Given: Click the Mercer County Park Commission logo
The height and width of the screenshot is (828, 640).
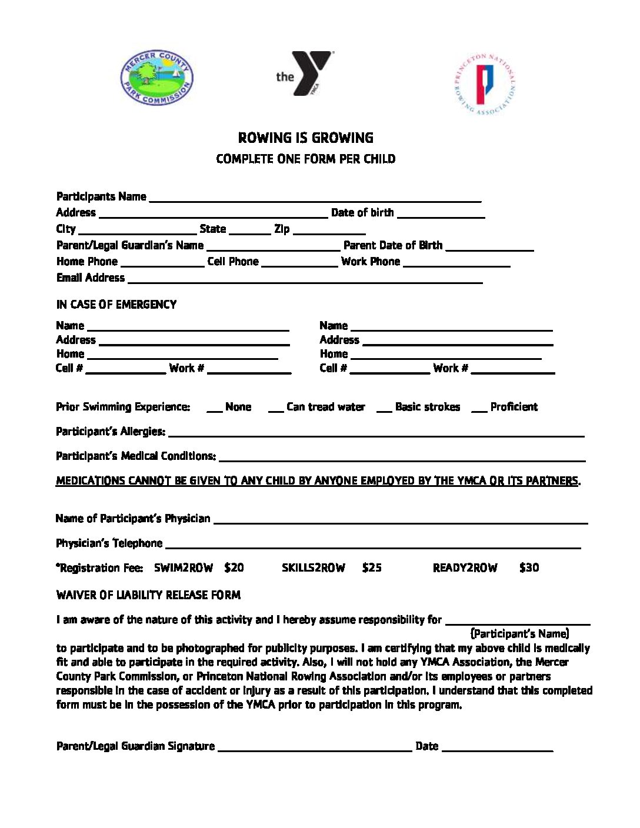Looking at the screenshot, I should click(156, 78).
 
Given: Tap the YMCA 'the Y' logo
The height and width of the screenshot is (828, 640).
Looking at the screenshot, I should click(305, 74).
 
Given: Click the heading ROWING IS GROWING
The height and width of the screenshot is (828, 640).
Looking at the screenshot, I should click(305, 138).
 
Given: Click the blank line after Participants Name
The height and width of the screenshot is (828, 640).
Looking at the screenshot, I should click(315, 198).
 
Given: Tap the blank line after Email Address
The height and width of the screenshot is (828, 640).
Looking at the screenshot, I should click(305, 279).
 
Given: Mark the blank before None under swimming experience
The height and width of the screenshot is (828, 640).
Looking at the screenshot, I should click(214, 409).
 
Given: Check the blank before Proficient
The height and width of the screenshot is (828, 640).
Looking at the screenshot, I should click(479, 409).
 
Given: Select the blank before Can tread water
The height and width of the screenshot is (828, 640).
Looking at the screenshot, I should click(275, 409).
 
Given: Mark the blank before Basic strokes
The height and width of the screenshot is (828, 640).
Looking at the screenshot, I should click(384, 409).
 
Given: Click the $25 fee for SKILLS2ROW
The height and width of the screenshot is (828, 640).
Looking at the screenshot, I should click(372, 568).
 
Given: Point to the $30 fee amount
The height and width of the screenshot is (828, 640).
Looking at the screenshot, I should click(529, 568).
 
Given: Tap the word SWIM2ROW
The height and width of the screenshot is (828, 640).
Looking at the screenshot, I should click(184, 568).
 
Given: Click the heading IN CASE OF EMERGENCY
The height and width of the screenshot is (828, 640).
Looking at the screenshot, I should click(116, 305).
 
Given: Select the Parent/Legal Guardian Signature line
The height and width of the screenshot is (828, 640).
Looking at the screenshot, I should click(315, 747).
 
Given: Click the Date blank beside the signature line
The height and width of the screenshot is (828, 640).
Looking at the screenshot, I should click(497, 747).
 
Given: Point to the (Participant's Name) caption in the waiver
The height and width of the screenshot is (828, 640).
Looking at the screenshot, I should click(519, 634).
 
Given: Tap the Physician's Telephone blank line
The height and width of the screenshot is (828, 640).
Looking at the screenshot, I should click(373, 545).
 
